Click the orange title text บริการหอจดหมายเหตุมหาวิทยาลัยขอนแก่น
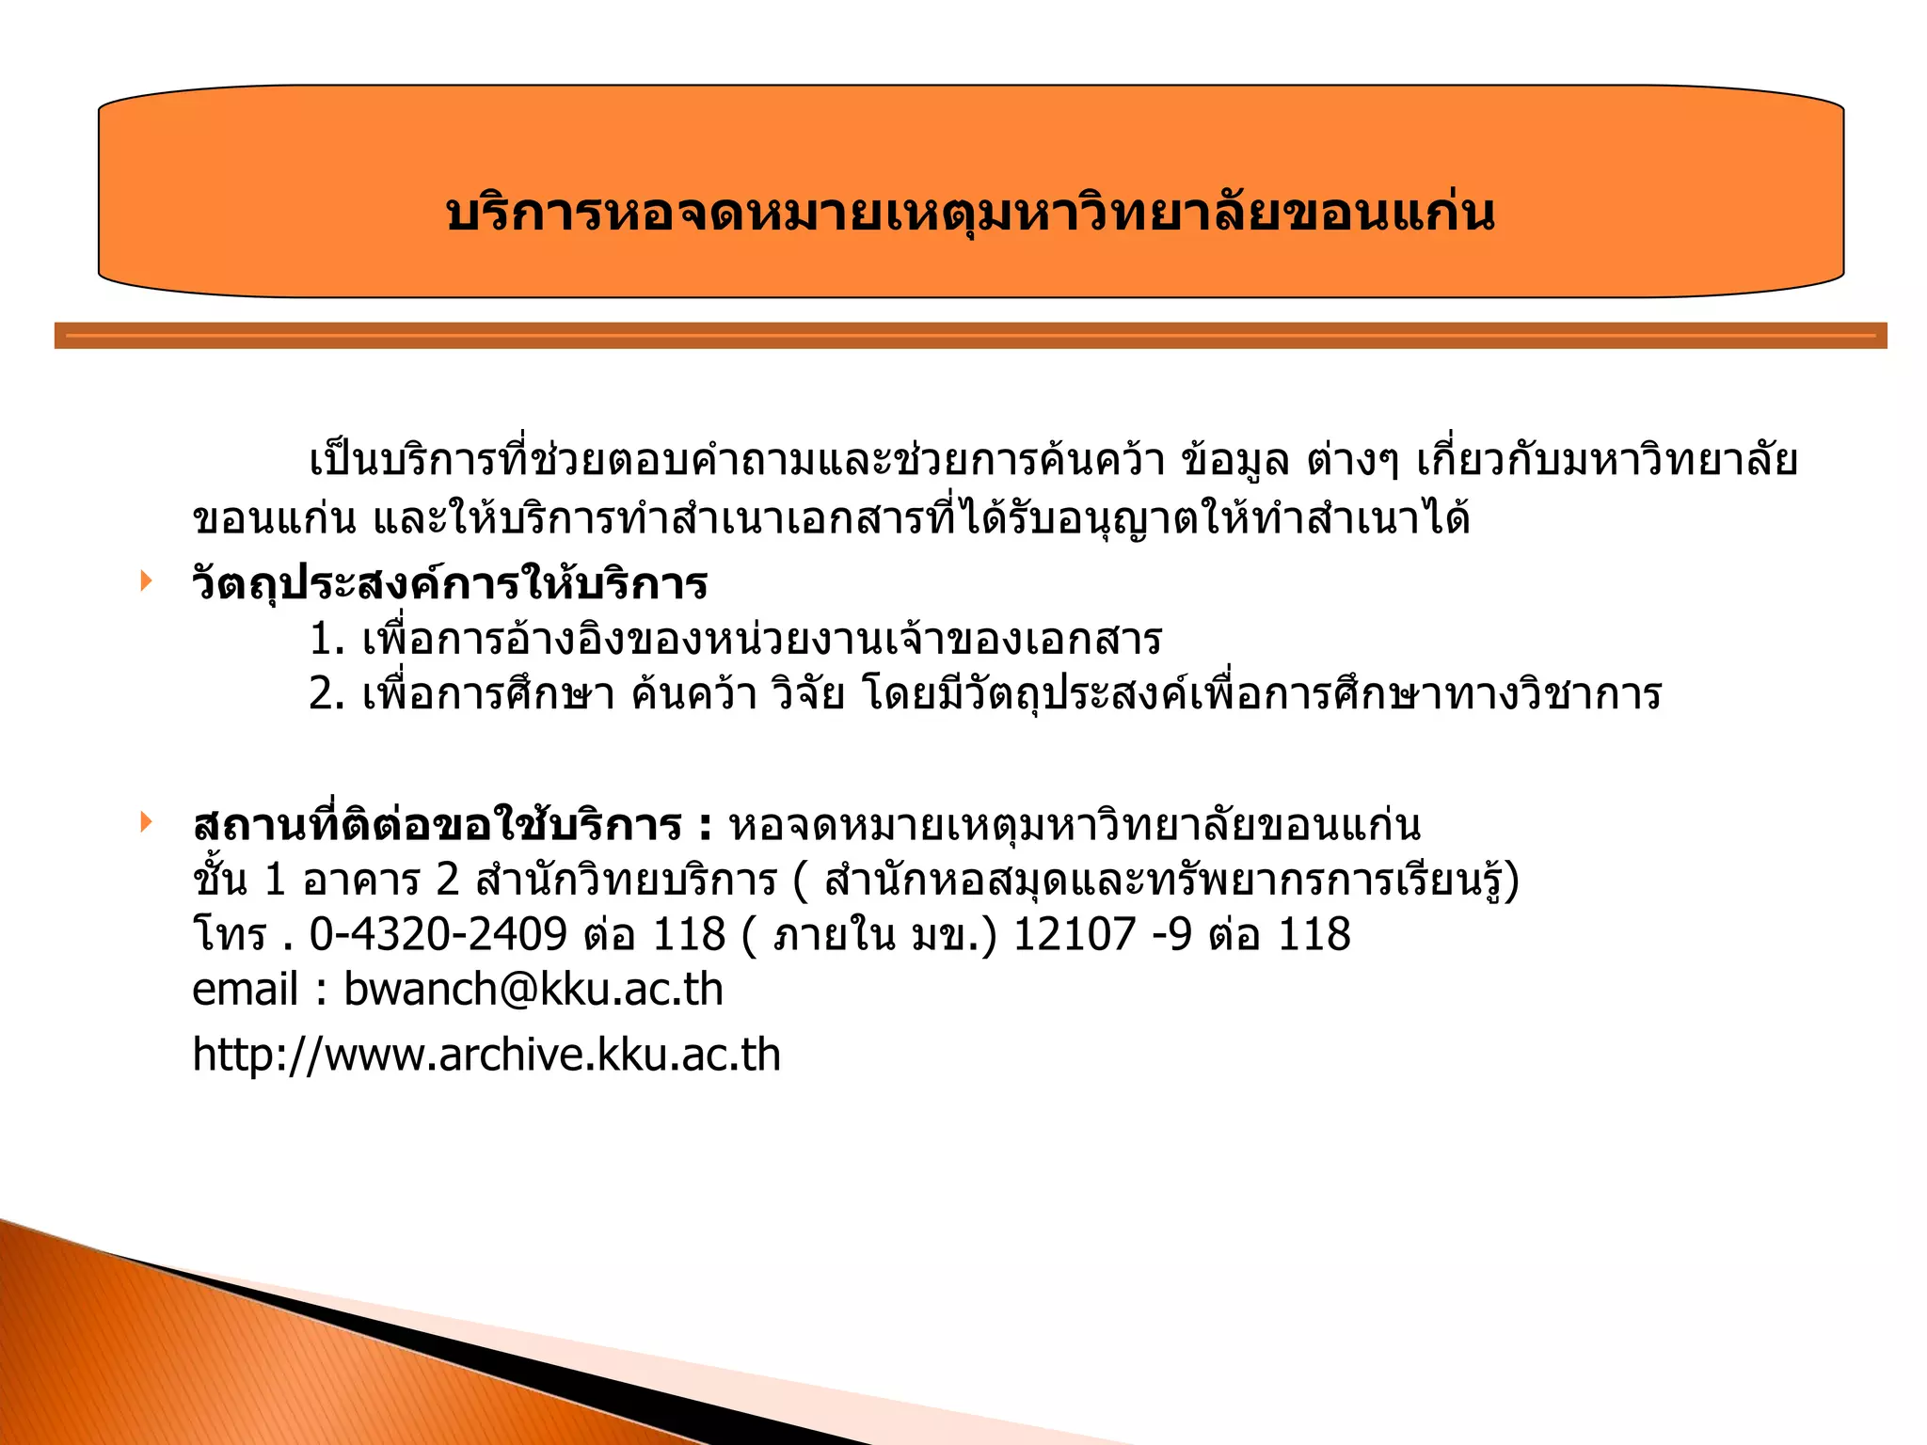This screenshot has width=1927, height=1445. (970, 214)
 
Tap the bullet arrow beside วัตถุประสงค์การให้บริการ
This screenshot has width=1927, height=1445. (146, 580)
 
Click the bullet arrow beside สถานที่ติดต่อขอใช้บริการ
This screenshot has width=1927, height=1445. (146, 822)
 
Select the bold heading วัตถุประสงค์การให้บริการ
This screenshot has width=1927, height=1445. (450, 584)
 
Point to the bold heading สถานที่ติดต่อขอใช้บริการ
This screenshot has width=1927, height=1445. (437, 826)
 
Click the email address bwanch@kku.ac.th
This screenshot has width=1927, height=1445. (534, 989)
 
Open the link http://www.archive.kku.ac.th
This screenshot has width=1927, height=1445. (486, 1054)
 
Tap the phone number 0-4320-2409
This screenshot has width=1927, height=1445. (438, 934)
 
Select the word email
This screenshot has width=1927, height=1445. (245, 989)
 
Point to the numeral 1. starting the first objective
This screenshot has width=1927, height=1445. (326, 640)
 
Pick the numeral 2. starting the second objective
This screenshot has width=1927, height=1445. (326, 694)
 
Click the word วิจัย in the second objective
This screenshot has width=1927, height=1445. (807, 694)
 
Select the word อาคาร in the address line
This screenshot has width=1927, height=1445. (361, 881)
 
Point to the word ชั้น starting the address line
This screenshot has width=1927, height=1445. (219, 881)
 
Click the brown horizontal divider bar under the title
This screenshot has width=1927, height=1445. (970, 336)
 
